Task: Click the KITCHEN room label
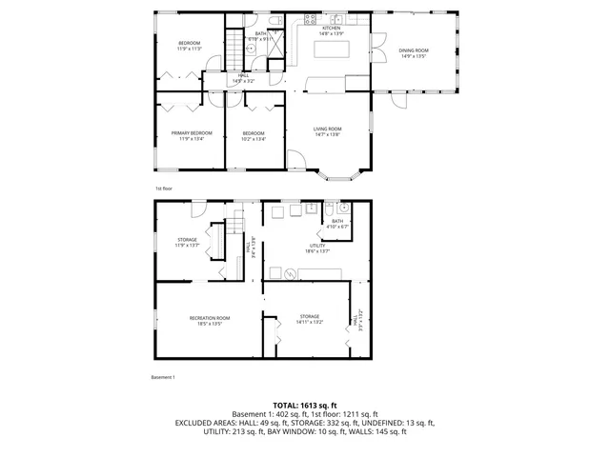(x=332, y=30)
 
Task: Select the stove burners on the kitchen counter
(x=310, y=19)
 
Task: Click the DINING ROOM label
(x=414, y=52)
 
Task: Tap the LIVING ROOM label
(x=328, y=130)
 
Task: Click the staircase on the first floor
(x=234, y=48)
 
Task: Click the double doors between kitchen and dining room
(x=375, y=48)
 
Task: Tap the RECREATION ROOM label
(x=210, y=319)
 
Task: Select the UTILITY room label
(x=317, y=248)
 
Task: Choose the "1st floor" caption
(x=164, y=189)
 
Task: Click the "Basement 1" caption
(x=163, y=378)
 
